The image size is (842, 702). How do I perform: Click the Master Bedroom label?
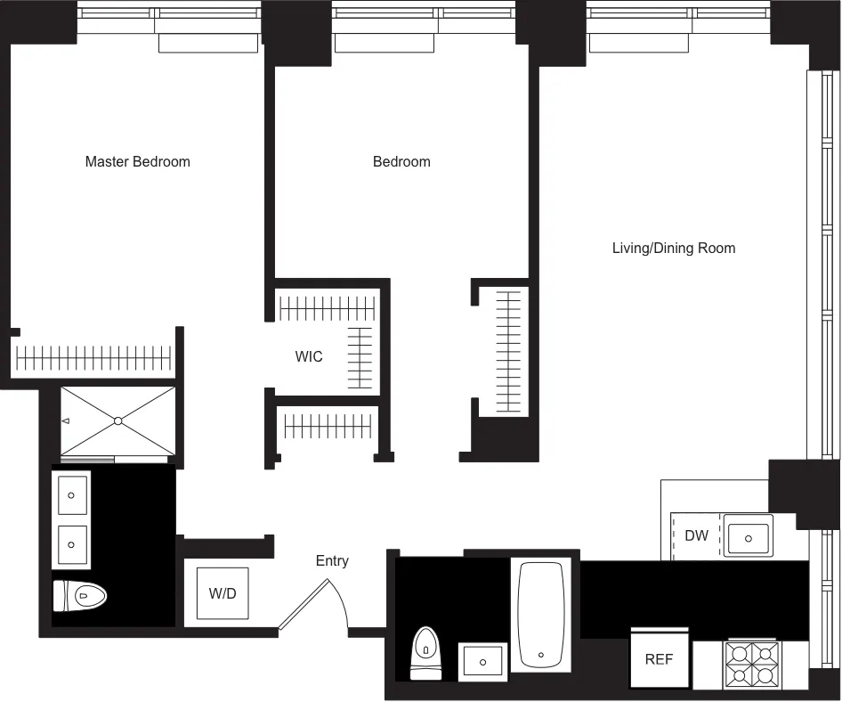coord(137,161)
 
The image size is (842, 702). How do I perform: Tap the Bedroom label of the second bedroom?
coord(401,161)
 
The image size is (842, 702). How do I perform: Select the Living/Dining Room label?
coord(673,248)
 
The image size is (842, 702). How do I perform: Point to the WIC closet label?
coord(309,356)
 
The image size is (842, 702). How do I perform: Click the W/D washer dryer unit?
coord(223,593)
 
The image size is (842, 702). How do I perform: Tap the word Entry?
coord(332,560)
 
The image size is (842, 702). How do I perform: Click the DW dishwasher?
coord(696,535)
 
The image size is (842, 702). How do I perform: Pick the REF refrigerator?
coord(659,659)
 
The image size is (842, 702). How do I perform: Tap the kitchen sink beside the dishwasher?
coord(748,537)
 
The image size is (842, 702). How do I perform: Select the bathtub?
coord(540,616)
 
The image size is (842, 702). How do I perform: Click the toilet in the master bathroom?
coord(81,596)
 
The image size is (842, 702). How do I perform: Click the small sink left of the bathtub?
coord(482,662)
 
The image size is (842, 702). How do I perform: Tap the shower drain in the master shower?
coord(117,420)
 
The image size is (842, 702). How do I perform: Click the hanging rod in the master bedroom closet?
coord(93,358)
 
